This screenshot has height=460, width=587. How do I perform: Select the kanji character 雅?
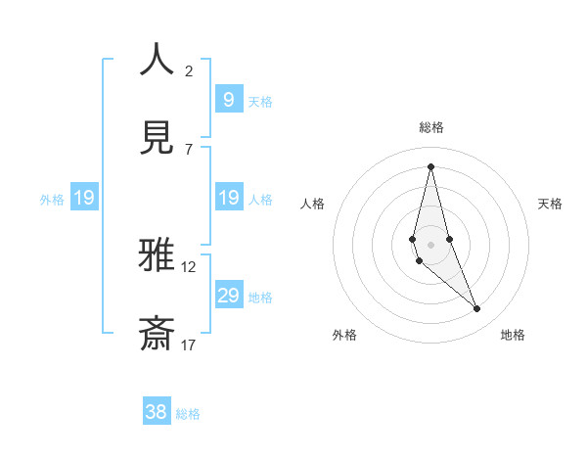click(x=157, y=256)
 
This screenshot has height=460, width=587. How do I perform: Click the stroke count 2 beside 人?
click(x=189, y=70)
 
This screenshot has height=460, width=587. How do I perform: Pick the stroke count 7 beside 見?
click(x=188, y=149)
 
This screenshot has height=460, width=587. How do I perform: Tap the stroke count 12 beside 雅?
click(x=189, y=266)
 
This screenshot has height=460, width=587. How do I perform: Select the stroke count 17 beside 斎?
click(x=189, y=345)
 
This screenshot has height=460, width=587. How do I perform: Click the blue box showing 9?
click(x=229, y=99)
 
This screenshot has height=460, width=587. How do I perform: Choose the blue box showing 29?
click(x=229, y=295)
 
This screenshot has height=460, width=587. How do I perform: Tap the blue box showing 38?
click(x=157, y=412)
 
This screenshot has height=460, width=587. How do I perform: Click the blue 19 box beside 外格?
click(x=84, y=198)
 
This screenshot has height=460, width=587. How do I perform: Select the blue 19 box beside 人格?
click(x=229, y=197)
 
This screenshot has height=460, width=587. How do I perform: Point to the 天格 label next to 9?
click(x=260, y=101)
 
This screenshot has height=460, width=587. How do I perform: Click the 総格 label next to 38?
click(x=188, y=414)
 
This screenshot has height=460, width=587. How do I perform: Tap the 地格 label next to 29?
click(x=260, y=297)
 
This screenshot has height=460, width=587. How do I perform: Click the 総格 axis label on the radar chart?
click(x=431, y=127)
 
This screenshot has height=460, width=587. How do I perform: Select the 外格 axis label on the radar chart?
click(x=344, y=335)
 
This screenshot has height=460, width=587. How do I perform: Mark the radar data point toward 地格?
click(x=477, y=309)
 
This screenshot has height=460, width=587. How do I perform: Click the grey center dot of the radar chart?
click(x=431, y=244)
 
